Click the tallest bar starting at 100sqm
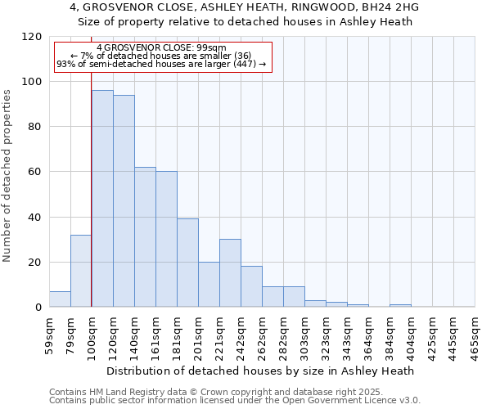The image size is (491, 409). (x=102, y=199)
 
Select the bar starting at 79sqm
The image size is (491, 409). (x=81, y=271)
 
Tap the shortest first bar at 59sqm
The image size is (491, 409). (x=60, y=299)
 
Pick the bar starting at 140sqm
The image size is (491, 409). (x=145, y=237)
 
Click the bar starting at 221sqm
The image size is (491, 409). (x=230, y=273)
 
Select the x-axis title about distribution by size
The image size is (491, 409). (x=260, y=371)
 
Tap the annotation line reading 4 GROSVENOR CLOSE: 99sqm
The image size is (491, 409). (x=161, y=48)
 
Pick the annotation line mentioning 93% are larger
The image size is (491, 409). (x=161, y=64)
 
